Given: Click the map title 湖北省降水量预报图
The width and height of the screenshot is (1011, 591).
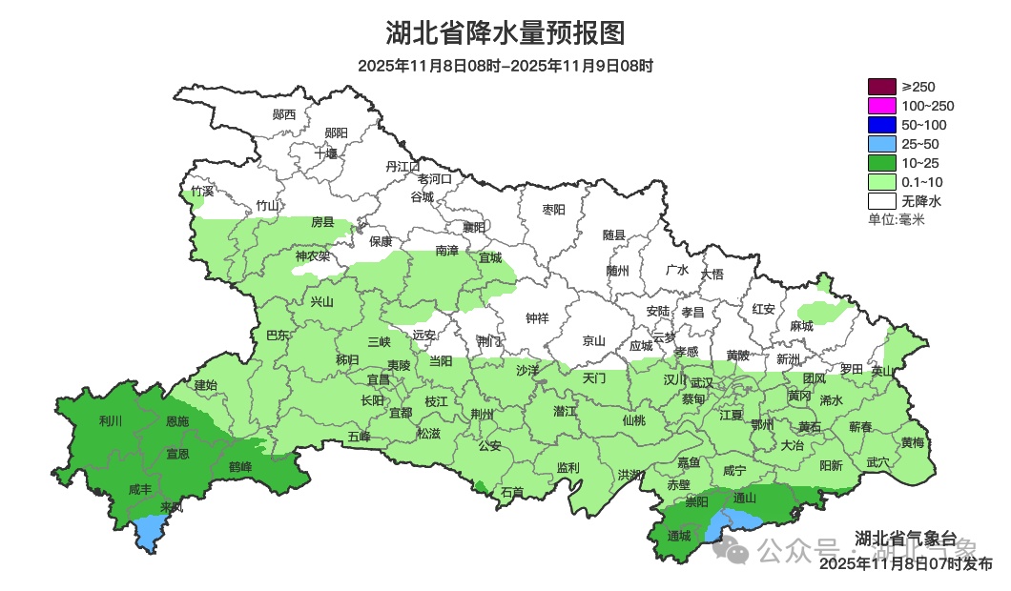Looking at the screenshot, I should pos(505,33).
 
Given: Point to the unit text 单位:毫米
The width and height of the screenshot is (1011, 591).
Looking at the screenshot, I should pos(897,220).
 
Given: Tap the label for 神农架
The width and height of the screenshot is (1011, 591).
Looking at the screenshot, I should pos(312,255).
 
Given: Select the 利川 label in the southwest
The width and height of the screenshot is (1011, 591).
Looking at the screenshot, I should pos(112,420).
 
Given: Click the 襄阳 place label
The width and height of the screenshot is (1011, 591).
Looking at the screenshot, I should pos(474,227).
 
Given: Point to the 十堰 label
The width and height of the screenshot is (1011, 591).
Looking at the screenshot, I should pos(326,153).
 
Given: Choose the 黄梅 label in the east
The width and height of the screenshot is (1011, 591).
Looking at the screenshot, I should pos(912,442).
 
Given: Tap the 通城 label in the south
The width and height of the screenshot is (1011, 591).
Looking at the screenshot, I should pos(679,536).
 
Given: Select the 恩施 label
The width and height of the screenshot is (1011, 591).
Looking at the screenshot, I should pos(177,420).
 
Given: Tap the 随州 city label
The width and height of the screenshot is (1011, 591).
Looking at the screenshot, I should pos(618,270).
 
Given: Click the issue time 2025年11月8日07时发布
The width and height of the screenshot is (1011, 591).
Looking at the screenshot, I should pos(906,564).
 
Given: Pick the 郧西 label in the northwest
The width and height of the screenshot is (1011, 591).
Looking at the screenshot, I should pos(284,114).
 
